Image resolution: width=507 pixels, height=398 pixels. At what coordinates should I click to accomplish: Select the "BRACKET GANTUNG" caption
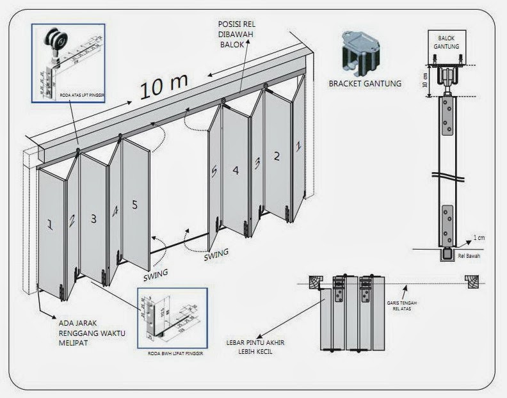pyautogui.click(x=364, y=83)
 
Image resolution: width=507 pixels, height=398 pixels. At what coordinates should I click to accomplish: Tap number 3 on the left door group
pyautogui.click(x=94, y=219)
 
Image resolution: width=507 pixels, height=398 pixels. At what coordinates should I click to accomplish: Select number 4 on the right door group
pyautogui.click(x=236, y=171)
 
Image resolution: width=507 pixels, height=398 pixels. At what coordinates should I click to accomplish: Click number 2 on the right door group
pyautogui.click(x=277, y=155)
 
